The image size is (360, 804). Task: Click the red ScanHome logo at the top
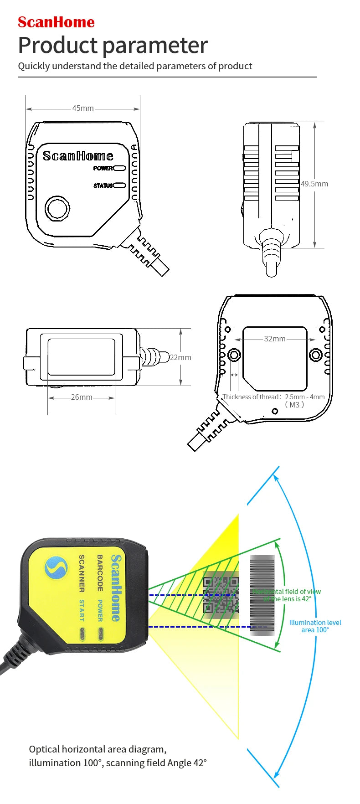tap(56, 22)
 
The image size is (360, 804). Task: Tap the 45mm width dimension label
tap(83, 108)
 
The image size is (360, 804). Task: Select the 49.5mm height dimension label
tap(314, 184)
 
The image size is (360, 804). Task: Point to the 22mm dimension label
tap(181, 357)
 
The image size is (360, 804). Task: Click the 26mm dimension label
tap(82, 397)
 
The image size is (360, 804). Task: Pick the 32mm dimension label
tap(275, 339)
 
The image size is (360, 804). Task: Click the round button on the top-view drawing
tap(57, 209)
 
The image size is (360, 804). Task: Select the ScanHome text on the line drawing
tap(78, 156)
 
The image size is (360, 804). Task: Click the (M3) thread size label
tap(294, 405)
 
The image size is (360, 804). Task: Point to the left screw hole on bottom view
tap(234, 354)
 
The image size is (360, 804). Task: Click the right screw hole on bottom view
tap(315, 354)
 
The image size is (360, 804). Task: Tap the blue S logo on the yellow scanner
tap(56, 568)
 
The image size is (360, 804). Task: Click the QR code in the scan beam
tap(221, 595)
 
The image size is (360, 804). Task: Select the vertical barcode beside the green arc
tap(262, 595)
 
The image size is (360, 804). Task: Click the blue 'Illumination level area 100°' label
tap(315, 626)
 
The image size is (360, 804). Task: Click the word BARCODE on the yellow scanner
tap(100, 572)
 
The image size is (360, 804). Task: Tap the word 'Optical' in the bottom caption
tap(44, 749)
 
